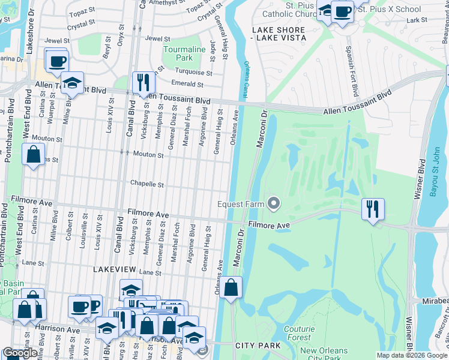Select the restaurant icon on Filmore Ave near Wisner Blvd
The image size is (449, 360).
pyautogui.click(x=373, y=209)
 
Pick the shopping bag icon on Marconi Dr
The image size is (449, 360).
pyautogui.click(x=231, y=287)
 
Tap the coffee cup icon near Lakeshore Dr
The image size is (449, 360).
pyautogui.click(x=56, y=61)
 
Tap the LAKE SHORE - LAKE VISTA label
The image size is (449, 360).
pyautogui.click(x=279, y=34)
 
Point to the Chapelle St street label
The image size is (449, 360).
pyautogui.click(x=148, y=185)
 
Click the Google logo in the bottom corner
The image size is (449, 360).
pyautogui.click(x=20, y=353)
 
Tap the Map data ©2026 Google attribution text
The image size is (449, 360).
pyautogui.click(x=411, y=355)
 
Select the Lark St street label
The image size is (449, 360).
pyautogui.click(x=412, y=20)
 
